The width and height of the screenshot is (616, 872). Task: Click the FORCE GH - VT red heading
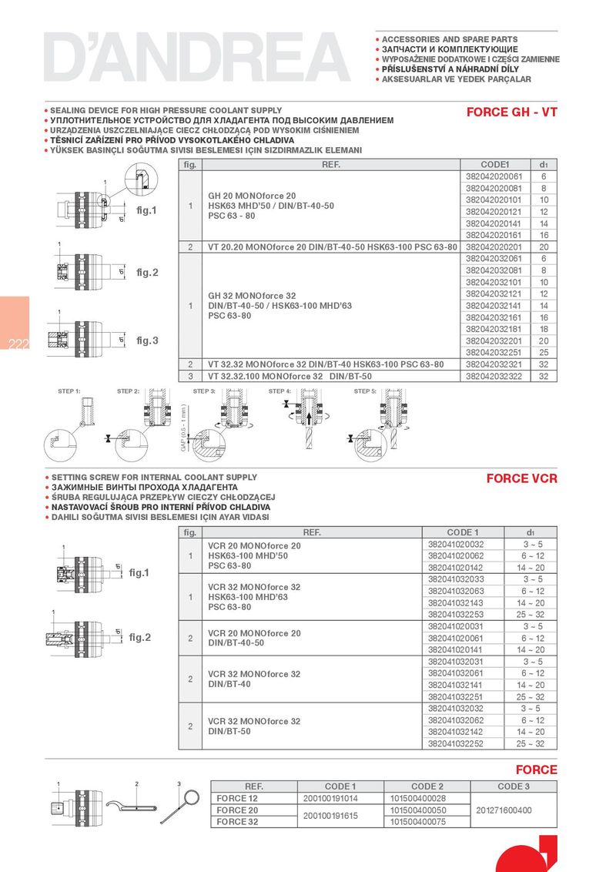511,112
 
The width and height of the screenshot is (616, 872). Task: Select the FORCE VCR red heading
521,478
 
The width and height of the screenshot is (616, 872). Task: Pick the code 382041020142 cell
456,567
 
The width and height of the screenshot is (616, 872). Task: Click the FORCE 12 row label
237,799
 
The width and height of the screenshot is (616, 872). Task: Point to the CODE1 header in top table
495,165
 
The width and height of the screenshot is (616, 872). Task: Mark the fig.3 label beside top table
147,340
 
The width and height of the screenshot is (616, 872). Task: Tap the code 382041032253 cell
456,615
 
